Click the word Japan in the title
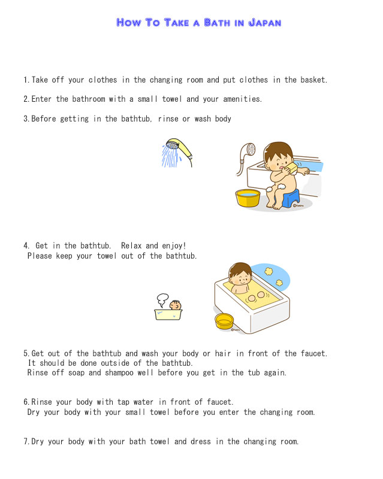(x=264, y=23)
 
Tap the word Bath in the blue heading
(x=217, y=23)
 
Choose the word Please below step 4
(x=40, y=256)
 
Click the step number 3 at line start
(x=26, y=119)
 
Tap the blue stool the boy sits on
(x=290, y=199)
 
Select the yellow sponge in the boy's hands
(x=291, y=168)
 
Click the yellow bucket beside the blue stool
(x=248, y=198)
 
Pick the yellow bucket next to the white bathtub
(x=224, y=321)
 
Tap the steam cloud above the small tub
(x=162, y=300)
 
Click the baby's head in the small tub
(x=175, y=305)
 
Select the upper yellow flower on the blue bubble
(x=269, y=271)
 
